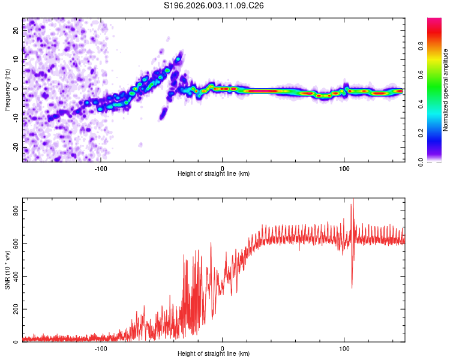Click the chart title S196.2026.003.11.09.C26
[214, 5]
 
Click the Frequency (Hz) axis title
[7, 89]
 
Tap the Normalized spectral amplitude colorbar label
[446, 89]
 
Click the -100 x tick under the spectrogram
[101, 167]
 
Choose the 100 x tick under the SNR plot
[344, 347]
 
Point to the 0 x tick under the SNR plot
[223, 347]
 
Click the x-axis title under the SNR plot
[214, 354]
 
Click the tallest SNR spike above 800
[353, 200]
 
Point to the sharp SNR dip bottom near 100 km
[352, 287]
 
